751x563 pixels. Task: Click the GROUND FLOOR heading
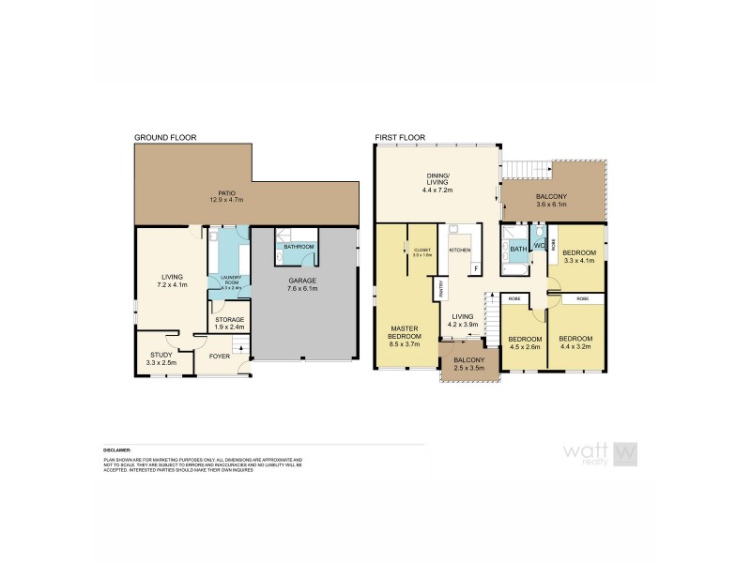click(x=165, y=138)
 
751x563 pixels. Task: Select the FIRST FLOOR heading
click(x=400, y=138)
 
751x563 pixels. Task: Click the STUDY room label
click(x=162, y=355)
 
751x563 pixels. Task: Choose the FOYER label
click(x=219, y=356)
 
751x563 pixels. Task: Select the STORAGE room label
click(x=229, y=320)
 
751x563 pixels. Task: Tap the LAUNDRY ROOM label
click(x=231, y=279)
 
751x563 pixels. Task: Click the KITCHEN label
click(x=459, y=251)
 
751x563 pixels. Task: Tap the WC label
click(x=539, y=247)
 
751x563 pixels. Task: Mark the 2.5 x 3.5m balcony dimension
click(x=468, y=368)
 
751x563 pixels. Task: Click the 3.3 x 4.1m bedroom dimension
click(x=578, y=262)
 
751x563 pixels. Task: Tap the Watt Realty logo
click(x=600, y=453)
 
